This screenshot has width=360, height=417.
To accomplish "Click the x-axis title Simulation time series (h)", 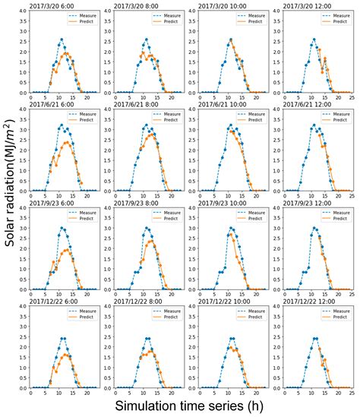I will click(190, 406).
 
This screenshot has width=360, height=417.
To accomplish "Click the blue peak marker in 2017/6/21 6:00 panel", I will click(61, 125).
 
